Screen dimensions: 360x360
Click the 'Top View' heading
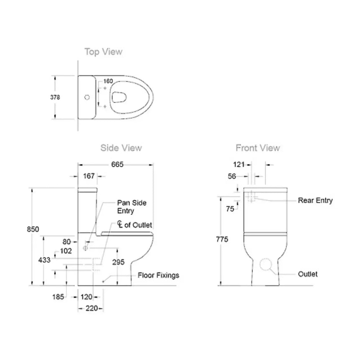[103, 52]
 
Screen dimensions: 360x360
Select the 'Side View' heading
[121, 148]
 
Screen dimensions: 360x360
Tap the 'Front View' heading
[257, 148]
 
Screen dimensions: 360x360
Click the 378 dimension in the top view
[55, 97]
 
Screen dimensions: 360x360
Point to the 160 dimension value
[108, 81]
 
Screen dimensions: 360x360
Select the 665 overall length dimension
[117, 165]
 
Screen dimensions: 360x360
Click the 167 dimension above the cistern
[88, 176]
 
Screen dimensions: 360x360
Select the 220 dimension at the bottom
[91, 309]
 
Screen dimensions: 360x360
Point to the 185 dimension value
[58, 297]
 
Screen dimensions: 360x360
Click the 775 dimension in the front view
[221, 239]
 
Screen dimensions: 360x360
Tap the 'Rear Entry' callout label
[315, 201]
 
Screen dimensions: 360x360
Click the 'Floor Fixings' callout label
[158, 275]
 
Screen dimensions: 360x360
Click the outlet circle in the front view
[266, 264]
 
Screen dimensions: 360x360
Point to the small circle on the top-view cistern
[87, 98]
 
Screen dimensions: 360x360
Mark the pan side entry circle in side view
[86, 248]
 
